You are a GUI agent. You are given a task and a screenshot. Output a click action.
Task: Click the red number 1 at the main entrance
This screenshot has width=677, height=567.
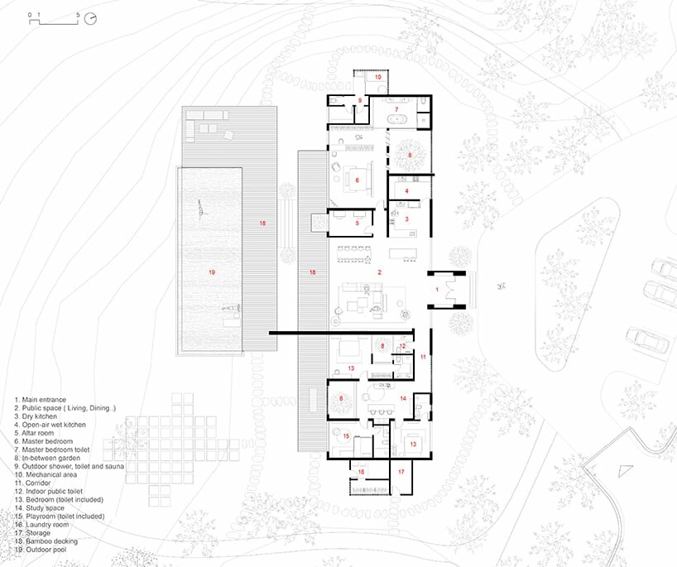pyautogui.click(x=438, y=290)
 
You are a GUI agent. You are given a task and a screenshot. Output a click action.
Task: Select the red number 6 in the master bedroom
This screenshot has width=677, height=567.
pyautogui.click(x=358, y=179)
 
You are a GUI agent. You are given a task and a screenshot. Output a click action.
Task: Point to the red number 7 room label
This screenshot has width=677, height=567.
pyautogui.click(x=396, y=109)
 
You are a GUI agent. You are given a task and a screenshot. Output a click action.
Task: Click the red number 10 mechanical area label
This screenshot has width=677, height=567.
pyautogui.click(x=377, y=77)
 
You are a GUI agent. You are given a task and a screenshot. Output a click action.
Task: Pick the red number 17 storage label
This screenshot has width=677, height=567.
pyautogui.click(x=401, y=472)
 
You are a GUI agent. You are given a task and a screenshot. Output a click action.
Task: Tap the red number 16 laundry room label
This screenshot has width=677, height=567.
pyautogui.click(x=361, y=472)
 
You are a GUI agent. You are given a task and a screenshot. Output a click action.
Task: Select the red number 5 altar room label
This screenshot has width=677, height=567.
pyautogui.click(x=357, y=223)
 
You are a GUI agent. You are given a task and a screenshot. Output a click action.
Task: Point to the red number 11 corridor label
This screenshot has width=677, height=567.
pyautogui.click(x=422, y=357)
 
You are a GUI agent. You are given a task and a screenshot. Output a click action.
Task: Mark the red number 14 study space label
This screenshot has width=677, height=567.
pyautogui.click(x=403, y=398)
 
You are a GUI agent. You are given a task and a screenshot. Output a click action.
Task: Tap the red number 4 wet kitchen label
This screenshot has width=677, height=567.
pyautogui.click(x=406, y=191)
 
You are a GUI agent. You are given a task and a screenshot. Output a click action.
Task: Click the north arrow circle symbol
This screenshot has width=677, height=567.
pyautogui.click(x=90, y=17)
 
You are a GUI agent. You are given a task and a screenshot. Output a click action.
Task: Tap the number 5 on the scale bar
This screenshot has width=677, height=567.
pyautogui.click(x=78, y=15)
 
